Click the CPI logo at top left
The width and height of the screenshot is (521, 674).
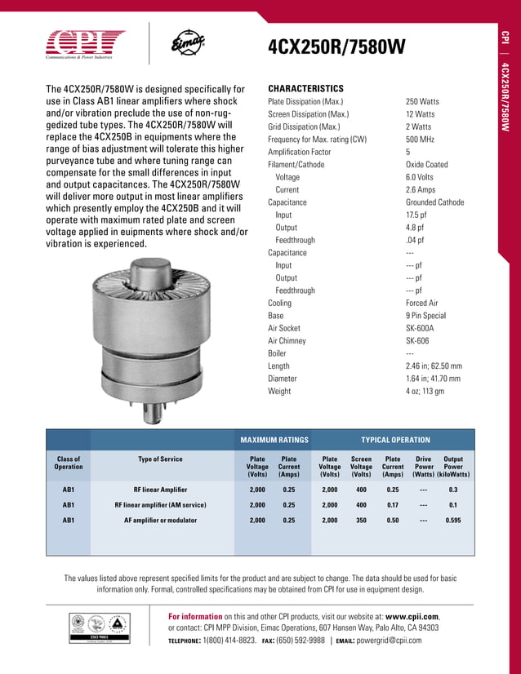86,42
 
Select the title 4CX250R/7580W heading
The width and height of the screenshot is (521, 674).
336,48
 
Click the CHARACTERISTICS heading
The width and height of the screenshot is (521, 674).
305,88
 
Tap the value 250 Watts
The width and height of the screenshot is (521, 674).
421,102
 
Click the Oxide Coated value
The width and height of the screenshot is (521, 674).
427,165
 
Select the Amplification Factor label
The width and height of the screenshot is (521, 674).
300,153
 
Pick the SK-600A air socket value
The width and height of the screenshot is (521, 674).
422,328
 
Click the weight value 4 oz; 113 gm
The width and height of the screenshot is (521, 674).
425,392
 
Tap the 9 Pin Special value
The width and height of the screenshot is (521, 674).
426,316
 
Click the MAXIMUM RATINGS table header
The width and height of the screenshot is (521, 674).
274,440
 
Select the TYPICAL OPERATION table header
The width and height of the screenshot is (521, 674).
395,440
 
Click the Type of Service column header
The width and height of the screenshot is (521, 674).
160,459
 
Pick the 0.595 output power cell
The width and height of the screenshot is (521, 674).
453,520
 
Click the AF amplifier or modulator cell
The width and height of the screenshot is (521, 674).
160,520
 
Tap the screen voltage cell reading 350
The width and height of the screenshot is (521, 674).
361,520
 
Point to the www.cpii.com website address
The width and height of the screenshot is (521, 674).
412,616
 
